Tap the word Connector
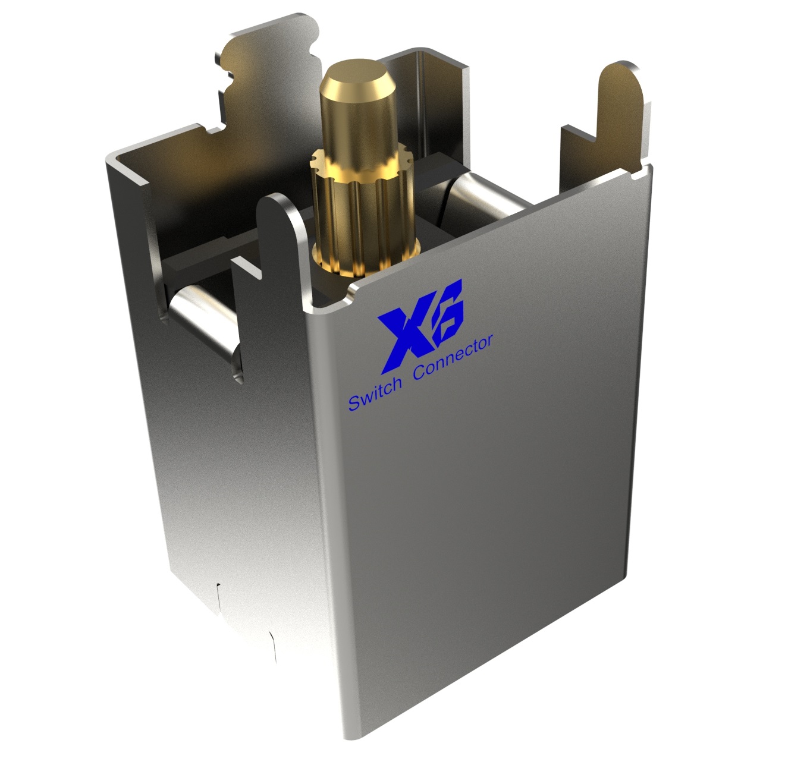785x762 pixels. [453, 357]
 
